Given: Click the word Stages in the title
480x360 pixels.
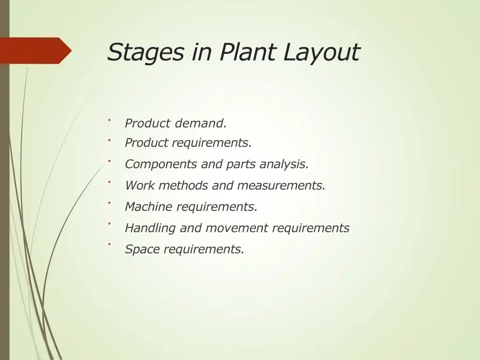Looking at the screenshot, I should [x=146, y=52].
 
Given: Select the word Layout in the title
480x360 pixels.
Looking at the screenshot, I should [x=322, y=52].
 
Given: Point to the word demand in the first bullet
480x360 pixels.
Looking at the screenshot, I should [x=201, y=124].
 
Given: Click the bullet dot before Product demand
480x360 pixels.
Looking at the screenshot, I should [x=109, y=120].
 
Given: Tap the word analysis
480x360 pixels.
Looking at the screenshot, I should [x=284, y=165].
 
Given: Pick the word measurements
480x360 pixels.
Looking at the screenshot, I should [x=281, y=186].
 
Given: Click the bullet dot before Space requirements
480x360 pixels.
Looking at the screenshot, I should [x=109, y=244].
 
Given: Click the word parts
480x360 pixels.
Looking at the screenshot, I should [x=241, y=165].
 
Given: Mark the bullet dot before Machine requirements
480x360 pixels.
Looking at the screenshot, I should [x=109, y=202].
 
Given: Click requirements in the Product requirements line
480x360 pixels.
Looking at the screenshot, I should [x=211, y=143].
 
